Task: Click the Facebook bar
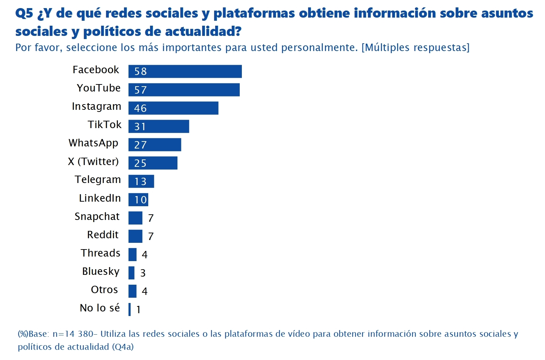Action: [x=185, y=71]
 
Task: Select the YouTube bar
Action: [x=184, y=90]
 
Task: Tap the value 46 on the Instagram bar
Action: [x=140, y=108]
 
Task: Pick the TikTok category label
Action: [x=104, y=125]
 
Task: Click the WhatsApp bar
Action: [x=155, y=145]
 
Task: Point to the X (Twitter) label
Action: [x=93, y=162]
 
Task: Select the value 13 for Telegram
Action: [x=140, y=181]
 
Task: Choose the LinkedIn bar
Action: [x=138, y=200]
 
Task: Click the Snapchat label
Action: [x=97, y=216]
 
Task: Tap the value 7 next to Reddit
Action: [x=151, y=236]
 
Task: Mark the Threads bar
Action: [x=132, y=254]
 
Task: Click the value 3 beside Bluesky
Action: [x=143, y=273]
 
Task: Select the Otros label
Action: [x=104, y=290]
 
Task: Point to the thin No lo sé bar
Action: [x=130, y=309]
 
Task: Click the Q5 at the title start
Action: [x=24, y=13]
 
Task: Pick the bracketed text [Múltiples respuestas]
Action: [x=415, y=48]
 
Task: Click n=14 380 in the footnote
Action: [x=73, y=334]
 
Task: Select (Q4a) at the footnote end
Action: [x=123, y=347]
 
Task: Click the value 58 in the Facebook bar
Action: [x=140, y=71]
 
